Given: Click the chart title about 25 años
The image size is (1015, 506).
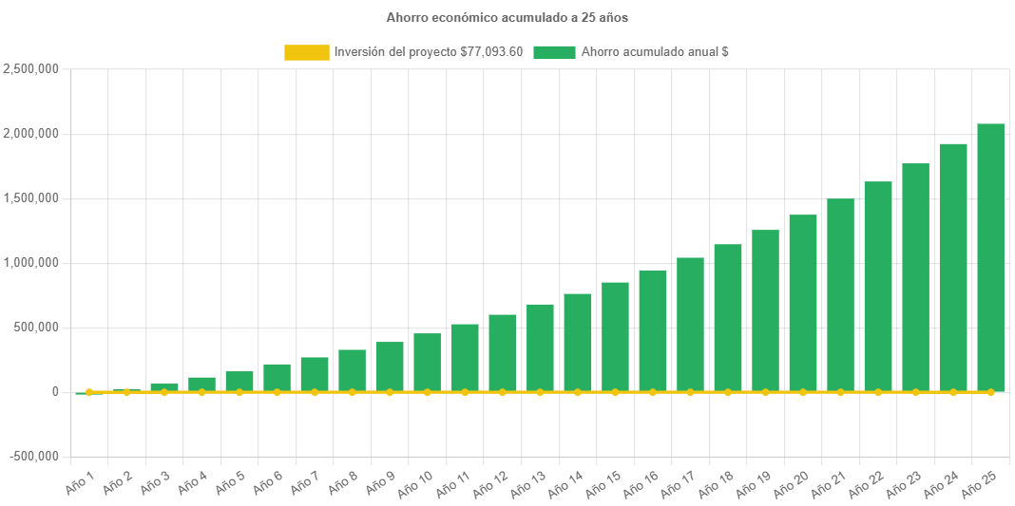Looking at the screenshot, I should click(x=507, y=17).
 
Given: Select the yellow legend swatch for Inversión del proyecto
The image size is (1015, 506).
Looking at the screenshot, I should click(x=306, y=52).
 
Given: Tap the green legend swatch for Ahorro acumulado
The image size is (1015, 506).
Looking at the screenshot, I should click(x=554, y=52).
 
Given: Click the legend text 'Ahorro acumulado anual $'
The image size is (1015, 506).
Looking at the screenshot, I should click(x=655, y=52).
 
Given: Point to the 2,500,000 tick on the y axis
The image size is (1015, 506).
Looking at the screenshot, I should click(x=31, y=69).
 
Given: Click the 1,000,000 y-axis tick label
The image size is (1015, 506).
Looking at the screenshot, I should click(x=31, y=263).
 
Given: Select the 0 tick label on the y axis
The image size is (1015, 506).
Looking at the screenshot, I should click(x=55, y=392).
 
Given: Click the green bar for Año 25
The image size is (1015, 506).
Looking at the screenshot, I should click(x=990, y=257).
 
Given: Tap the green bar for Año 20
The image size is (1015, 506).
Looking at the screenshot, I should click(x=803, y=303).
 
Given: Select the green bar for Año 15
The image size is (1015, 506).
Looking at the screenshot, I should click(x=615, y=337).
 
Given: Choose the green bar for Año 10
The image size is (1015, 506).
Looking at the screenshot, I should click(x=427, y=363).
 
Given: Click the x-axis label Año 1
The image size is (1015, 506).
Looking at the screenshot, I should click(x=81, y=483).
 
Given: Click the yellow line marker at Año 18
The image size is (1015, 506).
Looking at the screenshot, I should click(x=728, y=392).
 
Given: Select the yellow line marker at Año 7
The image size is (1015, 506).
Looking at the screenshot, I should click(x=315, y=392).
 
